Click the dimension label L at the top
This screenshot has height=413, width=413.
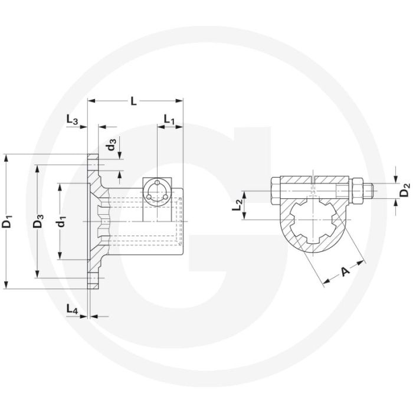pyautogui.click(x=134, y=101)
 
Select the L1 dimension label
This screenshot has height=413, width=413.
pyautogui.click(x=169, y=120)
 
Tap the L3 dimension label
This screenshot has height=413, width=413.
pyautogui.click(x=73, y=120)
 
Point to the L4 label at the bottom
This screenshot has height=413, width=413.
pyautogui.click(x=73, y=309)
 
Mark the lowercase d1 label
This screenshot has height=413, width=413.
pyautogui.click(x=60, y=222)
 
